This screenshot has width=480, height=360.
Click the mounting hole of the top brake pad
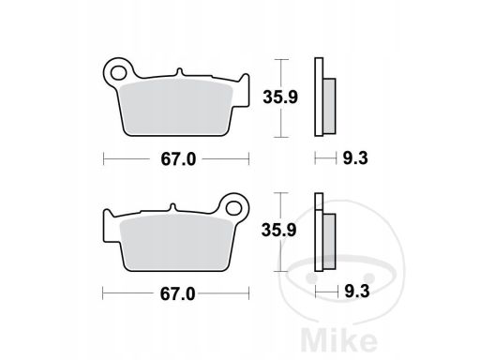(x=118, y=73)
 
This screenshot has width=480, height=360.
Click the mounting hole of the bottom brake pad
(x=234, y=208)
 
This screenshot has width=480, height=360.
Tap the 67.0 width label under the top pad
(x=178, y=159)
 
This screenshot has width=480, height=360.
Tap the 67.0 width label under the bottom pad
(x=177, y=294)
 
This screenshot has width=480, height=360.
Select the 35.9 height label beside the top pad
(x=280, y=97)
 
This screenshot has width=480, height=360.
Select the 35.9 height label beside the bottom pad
(x=278, y=231)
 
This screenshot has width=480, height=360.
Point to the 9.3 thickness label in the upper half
(x=355, y=158)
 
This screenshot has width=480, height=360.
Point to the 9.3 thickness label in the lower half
(x=357, y=292)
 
